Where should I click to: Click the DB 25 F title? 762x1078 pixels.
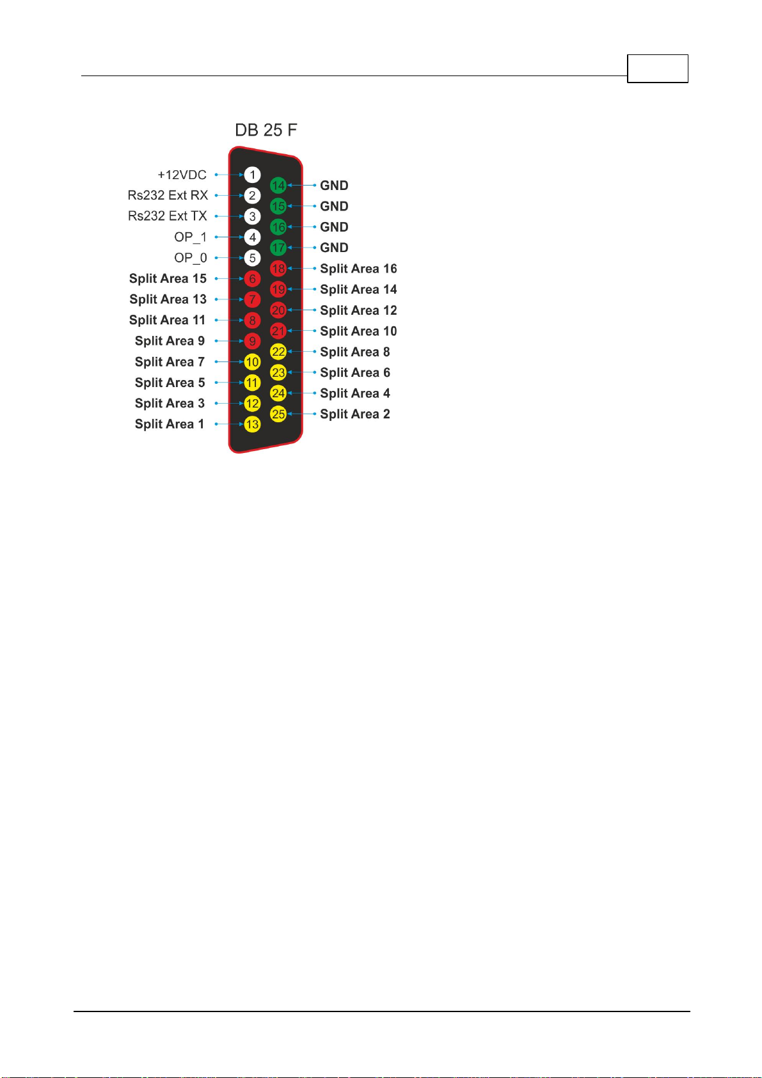pos(266,131)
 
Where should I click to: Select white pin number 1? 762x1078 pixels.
pos(253,175)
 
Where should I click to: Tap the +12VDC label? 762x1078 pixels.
pos(182,175)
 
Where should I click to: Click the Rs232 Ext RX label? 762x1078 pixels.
pos(168,195)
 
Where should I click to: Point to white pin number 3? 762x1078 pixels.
pos(253,216)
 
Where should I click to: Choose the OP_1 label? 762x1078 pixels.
pos(191,237)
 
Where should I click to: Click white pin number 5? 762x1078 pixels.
pos(253,258)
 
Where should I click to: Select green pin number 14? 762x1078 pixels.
pos(278,186)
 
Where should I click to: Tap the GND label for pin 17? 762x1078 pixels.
pos(334,248)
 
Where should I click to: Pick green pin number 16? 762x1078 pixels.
pos(278,227)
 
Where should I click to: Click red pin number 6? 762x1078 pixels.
pos(253,279)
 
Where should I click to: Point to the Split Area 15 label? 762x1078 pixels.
pos(168,278)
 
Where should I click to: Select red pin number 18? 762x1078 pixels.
pos(278,269)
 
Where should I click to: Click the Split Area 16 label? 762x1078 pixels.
pos(358,269)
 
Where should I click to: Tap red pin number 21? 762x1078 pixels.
pos(278,331)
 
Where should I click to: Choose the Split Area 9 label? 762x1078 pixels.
pos(170,341)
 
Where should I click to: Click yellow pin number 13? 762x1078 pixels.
pos(253,424)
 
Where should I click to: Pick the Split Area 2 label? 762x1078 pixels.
pos(355,414)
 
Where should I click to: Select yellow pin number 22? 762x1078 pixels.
pos(278,352)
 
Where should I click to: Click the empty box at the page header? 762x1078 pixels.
pos(657,69)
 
